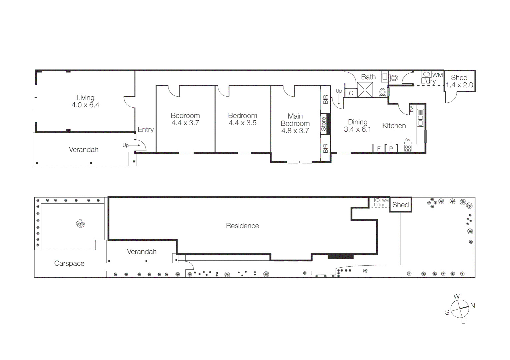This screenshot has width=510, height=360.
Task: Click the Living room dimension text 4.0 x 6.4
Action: click(85, 105)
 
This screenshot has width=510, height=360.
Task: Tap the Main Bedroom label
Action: click(295, 120)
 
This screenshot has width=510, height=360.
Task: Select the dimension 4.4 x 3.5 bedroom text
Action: click(242, 123)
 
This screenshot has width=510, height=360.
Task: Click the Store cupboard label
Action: click(324, 124)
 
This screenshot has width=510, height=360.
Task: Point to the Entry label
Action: click(146, 130)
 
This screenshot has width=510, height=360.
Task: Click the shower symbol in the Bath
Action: click(365, 90)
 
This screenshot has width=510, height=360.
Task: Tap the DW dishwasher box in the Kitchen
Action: click(411, 109)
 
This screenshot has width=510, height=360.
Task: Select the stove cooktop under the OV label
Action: click(408, 148)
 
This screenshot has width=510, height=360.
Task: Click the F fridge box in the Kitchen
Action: click(379, 149)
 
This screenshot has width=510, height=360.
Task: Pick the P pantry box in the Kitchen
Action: click(391, 149)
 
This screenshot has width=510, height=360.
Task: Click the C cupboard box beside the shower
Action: click(351, 93)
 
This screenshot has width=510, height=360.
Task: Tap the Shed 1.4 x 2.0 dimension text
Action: click(459, 85)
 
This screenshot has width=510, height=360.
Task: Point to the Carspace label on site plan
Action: click(69, 263)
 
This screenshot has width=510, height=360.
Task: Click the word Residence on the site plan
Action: click(242, 226)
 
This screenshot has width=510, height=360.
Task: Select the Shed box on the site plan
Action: click(400, 205)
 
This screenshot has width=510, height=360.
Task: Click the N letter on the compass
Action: click(472, 306)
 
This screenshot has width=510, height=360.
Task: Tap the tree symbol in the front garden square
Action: click(80, 223)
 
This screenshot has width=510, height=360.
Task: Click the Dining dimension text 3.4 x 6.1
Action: click(358, 129)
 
